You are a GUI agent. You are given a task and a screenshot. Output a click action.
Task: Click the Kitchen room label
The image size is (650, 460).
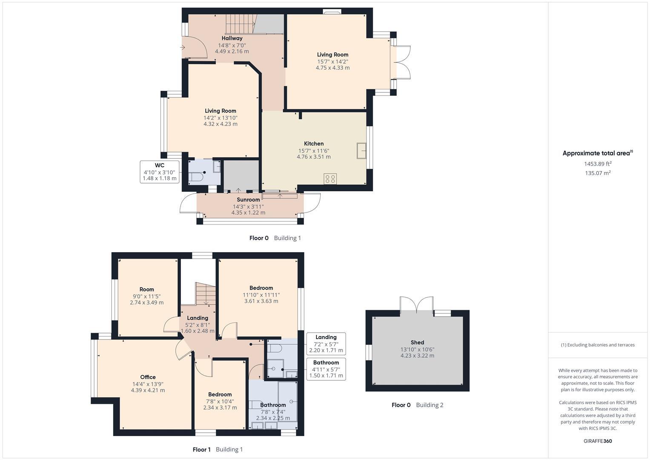click(x=314, y=144)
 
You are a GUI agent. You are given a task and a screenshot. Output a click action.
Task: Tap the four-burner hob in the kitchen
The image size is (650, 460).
click(x=330, y=179)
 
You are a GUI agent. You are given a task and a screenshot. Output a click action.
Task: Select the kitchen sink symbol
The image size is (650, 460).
click(x=361, y=151)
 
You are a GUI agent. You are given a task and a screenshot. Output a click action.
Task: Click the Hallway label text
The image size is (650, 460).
click(x=232, y=38)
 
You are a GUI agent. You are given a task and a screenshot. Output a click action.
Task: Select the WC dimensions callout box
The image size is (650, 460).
click(x=160, y=172)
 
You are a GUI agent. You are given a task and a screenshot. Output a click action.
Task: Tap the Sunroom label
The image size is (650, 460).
click(x=248, y=200)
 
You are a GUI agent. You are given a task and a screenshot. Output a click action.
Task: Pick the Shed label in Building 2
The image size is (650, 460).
click(x=417, y=342)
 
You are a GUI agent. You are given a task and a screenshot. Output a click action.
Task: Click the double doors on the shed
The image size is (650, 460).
click(x=417, y=305)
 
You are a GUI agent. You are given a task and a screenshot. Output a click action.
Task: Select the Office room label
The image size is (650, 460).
click(x=148, y=377)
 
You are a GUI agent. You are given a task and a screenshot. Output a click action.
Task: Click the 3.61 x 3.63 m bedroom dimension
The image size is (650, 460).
click(x=261, y=301)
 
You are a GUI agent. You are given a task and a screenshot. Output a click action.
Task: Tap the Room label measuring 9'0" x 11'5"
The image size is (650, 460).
click(x=146, y=289)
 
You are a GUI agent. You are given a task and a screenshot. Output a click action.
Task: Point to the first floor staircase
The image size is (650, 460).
click(x=206, y=293)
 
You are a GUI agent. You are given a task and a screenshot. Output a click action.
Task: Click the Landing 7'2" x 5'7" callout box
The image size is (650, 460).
click(x=326, y=344)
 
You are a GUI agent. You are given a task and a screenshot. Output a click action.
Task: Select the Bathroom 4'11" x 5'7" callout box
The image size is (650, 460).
click(x=326, y=369)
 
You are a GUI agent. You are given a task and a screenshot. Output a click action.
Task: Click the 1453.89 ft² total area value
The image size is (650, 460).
click(x=598, y=164)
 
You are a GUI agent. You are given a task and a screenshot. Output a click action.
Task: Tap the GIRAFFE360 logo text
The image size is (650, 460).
click(x=598, y=441)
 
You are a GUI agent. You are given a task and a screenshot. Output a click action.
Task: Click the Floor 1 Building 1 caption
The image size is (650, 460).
click(x=218, y=449)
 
